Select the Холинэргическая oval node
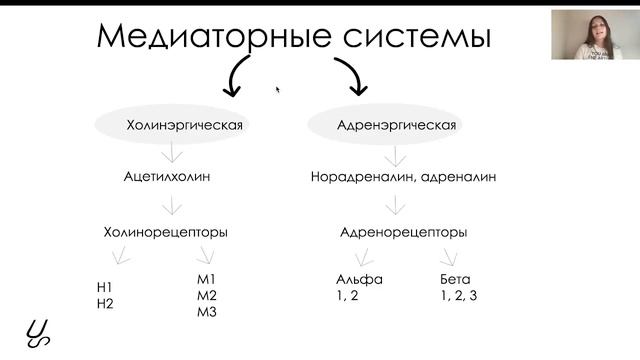click(x=171, y=125)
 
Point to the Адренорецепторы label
click(x=395, y=232)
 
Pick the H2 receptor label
click(x=105, y=304)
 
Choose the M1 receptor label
click(x=208, y=280)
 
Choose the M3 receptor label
click(x=208, y=312)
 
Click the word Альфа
click(x=359, y=280)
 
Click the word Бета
click(x=456, y=280)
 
